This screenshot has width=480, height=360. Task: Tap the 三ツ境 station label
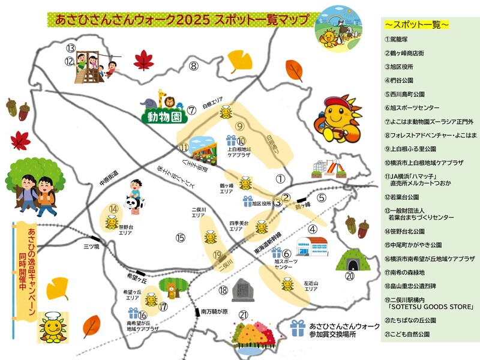(x=92, y=246)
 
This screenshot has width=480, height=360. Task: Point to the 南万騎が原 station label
(x=215, y=311)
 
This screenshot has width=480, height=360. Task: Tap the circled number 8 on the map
(x=193, y=65)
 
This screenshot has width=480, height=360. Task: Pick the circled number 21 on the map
(x=243, y=314)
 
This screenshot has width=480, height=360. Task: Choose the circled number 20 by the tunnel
(x=350, y=276)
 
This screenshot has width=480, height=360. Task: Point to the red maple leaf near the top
(x=144, y=59)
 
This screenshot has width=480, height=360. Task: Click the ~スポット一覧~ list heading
(x=416, y=25)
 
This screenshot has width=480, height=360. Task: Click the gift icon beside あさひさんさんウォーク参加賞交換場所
(x=298, y=328)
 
